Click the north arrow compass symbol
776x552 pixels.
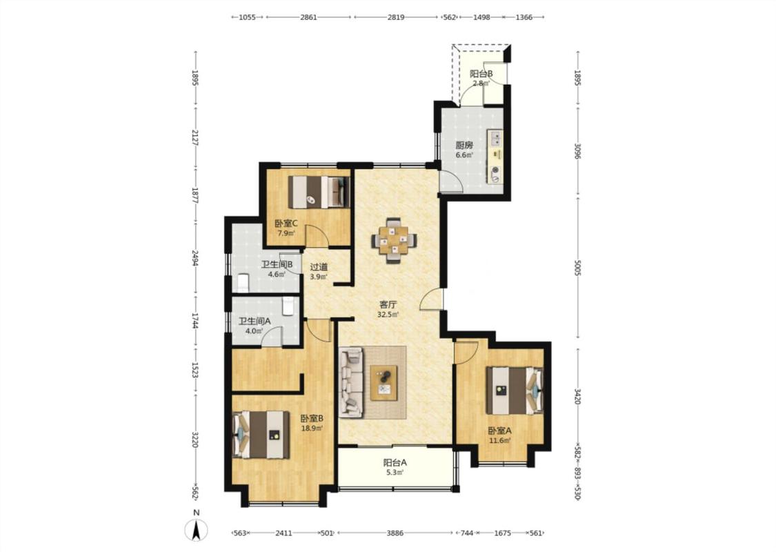click(x=197, y=531)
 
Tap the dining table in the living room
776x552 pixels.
click(x=394, y=241)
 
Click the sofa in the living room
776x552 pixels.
click(x=351, y=381)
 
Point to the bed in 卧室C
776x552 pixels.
click(x=319, y=192)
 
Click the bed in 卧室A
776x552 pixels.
click(x=514, y=390)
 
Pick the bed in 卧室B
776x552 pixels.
click(x=261, y=435)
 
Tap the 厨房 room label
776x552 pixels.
click(x=464, y=146)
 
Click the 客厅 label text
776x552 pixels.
click(x=388, y=305)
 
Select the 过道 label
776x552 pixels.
click(x=319, y=267)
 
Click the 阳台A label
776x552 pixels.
click(x=395, y=463)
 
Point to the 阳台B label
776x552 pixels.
click(x=481, y=74)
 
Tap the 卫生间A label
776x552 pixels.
click(x=255, y=321)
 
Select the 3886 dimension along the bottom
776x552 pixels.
click(x=395, y=533)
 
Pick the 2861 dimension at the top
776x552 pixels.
click(x=308, y=17)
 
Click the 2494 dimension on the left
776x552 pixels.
click(x=195, y=257)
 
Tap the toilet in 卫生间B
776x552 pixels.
click(x=243, y=282)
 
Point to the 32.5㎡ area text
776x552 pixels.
click(x=388, y=315)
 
